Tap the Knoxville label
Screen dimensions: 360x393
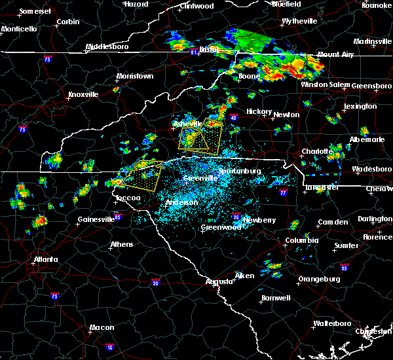pyautogui.click(x=83, y=94)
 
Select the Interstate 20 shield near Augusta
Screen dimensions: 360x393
pyautogui.click(x=155, y=283)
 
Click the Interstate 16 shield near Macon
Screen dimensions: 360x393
pyautogui.click(x=109, y=347)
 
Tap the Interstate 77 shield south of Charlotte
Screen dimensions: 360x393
pyautogui.click(x=283, y=193)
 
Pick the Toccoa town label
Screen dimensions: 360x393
pyautogui.click(x=123, y=198)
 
